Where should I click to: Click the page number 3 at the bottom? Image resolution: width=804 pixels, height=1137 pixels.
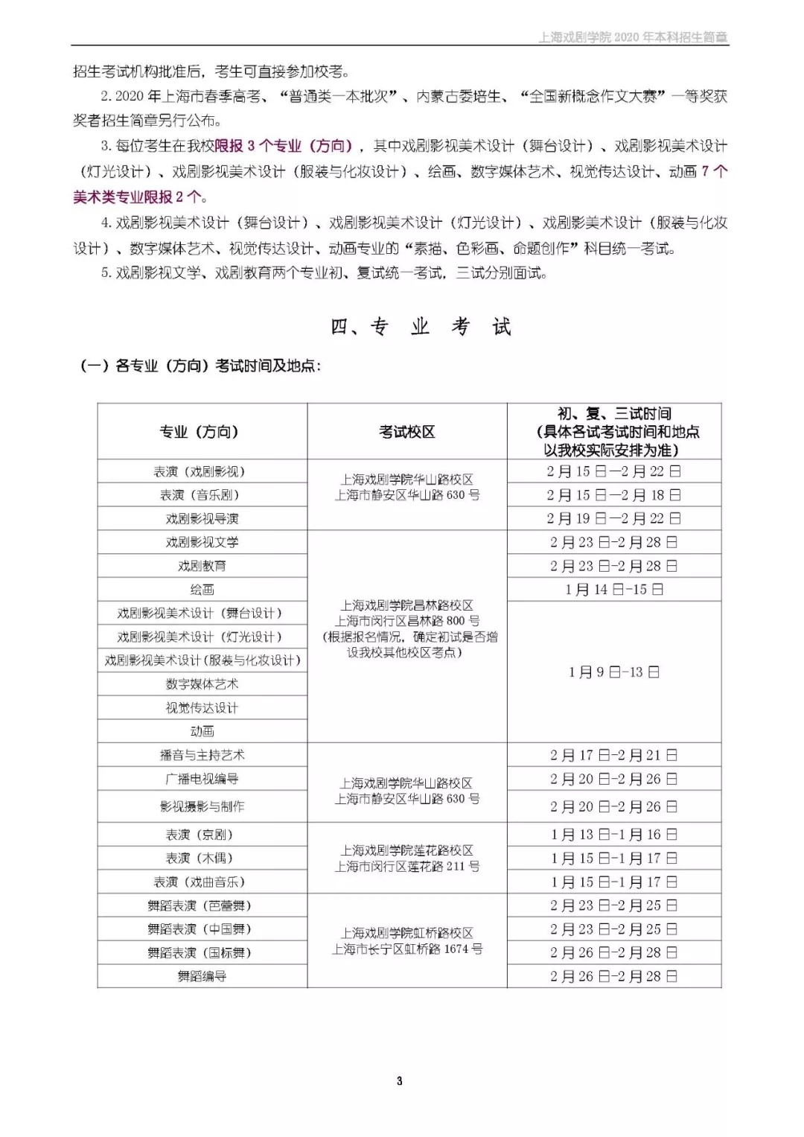tap(400, 1080)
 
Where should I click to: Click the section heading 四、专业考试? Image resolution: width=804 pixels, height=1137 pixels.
tap(421, 327)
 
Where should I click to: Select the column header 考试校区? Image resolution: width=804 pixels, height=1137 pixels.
tap(406, 432)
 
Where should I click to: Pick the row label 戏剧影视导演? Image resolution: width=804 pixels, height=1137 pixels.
tap(202, 518)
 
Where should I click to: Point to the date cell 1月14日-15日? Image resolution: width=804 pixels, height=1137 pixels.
tap(614, 589)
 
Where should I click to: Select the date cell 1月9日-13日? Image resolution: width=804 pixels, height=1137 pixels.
tap(614, 672)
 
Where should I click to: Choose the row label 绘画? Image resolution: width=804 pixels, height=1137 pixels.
tap(202, 589)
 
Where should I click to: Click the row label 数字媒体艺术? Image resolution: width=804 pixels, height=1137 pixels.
tap(202, 684)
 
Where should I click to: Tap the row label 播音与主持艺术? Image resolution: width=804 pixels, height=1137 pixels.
tap(202, 755)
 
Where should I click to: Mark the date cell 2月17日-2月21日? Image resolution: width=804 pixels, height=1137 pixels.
tap(614, 755)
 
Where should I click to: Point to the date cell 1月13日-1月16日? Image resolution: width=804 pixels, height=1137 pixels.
tap(614, 835)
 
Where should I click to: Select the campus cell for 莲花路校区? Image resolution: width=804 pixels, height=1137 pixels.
tap(406, 858)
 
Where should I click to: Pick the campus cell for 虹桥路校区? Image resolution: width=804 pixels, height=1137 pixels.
tap(406, 940)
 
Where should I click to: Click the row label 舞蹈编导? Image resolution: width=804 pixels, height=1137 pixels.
tap(202, 975)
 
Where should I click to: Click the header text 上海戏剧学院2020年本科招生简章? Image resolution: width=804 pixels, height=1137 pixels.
tap(633, 36)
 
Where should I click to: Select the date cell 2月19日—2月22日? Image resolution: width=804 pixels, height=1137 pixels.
tap(614, 518)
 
